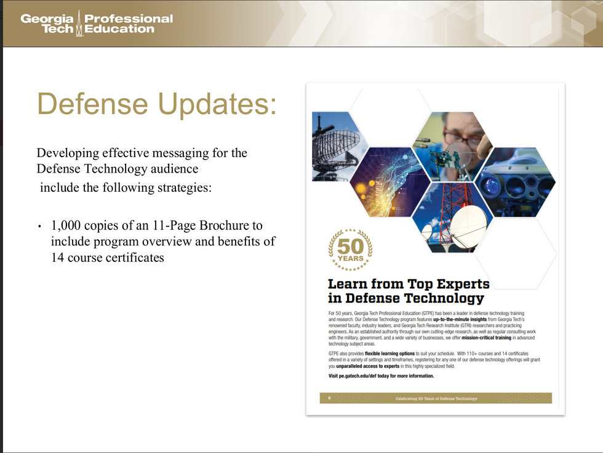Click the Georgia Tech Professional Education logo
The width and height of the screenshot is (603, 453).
coord(97,23)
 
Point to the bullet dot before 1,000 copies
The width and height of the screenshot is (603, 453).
coord(39,227)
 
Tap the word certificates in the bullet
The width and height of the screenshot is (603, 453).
coord(133,257)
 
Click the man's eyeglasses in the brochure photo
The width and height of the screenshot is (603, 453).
coord(462,139)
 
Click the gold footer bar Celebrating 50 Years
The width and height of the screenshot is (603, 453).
coord(436,399)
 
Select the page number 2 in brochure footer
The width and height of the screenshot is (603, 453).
coord(329,399)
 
